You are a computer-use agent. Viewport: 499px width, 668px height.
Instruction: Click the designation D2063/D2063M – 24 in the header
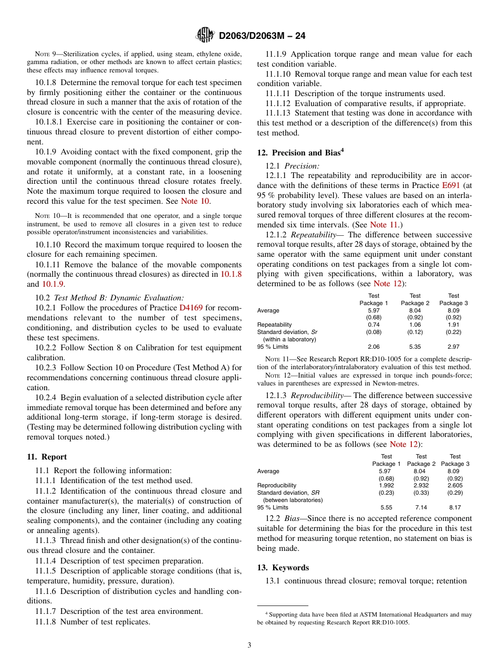tap(262, 36)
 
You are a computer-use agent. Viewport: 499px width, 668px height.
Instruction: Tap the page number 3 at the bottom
tap(250, 645)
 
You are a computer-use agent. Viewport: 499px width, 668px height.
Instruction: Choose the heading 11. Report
tap(47, 457)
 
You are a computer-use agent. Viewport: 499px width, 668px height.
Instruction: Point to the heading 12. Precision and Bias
tap(300, 153)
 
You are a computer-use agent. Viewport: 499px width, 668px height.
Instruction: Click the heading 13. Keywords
tap(283, 568)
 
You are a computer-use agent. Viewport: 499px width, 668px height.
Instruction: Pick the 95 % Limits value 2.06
tap(373, 347)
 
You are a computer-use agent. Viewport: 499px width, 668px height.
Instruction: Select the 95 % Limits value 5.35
tap(415, 347)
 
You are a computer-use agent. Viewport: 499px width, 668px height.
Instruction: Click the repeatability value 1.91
tap(454, 325)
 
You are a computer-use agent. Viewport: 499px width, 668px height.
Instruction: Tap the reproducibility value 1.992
tap(386, 485)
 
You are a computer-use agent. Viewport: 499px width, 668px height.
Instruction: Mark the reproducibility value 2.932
tap(421, 485)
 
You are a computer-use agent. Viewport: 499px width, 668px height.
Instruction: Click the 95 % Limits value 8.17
tap(455, 507)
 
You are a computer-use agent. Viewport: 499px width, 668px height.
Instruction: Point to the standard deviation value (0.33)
tap(421, 493)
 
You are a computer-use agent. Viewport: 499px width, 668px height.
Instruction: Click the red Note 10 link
tap(195, 201)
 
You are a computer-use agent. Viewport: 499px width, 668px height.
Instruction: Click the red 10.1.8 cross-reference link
tap(231, 274)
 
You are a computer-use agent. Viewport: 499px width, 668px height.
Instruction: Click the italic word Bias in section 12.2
tap(293, 518)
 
